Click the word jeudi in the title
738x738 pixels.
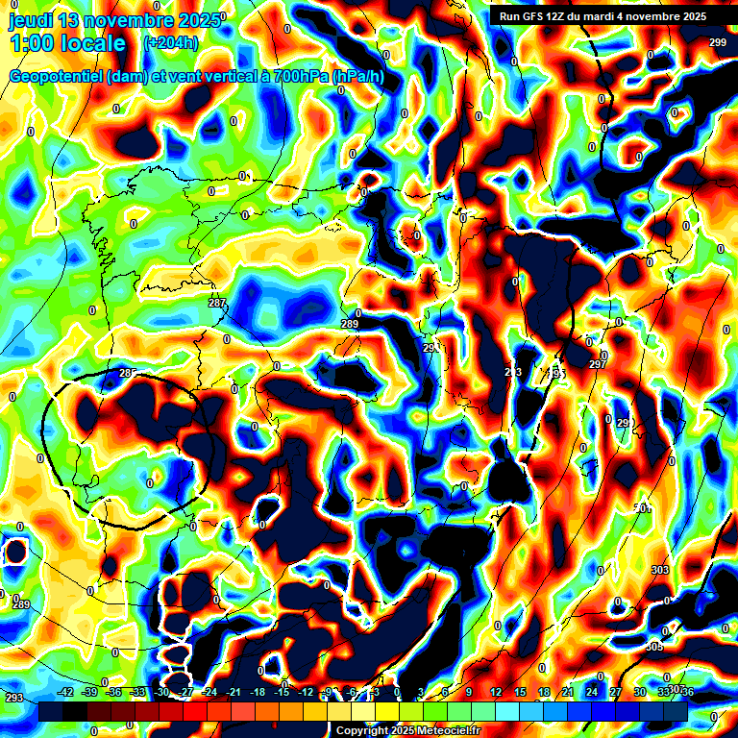click(x=34, y=19)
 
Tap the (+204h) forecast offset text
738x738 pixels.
click(x=171, y=42)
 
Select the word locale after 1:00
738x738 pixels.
click(x=92, y=43)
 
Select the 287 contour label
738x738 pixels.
click(x=217, y=304)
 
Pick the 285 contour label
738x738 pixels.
click(x=128, y=373)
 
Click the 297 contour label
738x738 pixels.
click(x=598, y=365)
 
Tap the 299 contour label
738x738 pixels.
click(x=718, y=42)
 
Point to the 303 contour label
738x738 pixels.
click(x=660, y=571)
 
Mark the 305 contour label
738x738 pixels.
click(x=654, y=647)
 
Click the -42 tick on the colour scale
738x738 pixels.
click(x=65, y=692)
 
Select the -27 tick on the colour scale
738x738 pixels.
click(x=185, y=692)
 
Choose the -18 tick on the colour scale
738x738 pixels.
click(x=258, y=692)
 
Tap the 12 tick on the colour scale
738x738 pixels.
click(x=496, y=692)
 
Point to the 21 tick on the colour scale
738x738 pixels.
click(x=568, y=692)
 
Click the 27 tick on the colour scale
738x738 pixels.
click(x=616, y=692)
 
